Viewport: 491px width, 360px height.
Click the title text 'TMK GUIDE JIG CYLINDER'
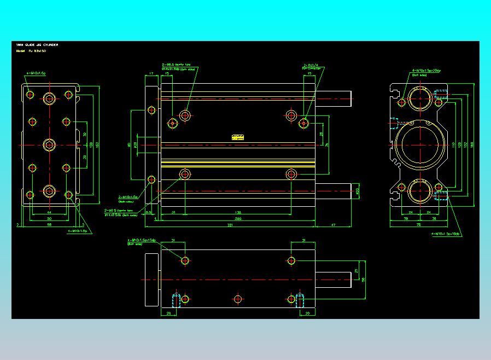37,44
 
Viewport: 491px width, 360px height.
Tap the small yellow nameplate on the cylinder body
237,137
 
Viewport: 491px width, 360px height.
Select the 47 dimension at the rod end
333,224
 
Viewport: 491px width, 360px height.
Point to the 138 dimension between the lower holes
237,212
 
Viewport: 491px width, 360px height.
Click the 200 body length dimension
237,218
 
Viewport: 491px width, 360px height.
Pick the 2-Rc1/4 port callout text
310,68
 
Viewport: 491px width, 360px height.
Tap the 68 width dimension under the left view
49,224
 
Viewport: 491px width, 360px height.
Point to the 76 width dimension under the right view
418,224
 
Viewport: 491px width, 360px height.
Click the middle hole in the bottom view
238,299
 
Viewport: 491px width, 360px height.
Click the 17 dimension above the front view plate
151,73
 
